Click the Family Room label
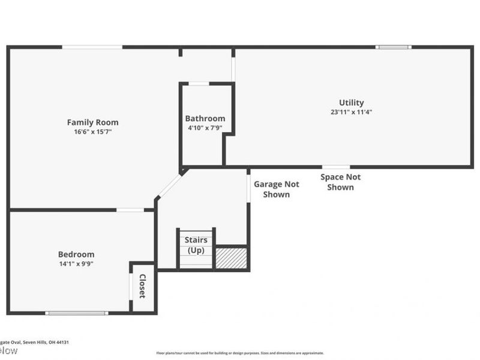(x=92, y=122)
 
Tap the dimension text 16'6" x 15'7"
(x=92, y=131)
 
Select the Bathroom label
(x=205, y=119)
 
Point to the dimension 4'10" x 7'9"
(x=205, y=127)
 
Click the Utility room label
(x=351, y=103)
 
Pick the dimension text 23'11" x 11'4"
(x=351, y=112)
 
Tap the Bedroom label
(x=76, y=254)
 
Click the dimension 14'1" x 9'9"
(x=76, y=263)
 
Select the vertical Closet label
(x=143, y=286)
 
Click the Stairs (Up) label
(x=196, y=245)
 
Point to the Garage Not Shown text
(x=276, y=190)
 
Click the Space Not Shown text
(x=340, y=182)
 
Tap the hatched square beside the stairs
(x=231, y=258)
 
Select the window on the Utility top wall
(x=394, y=47)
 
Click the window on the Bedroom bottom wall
(x=77, y=313)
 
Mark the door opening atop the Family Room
(x=92, y=47)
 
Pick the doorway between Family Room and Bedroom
(x=130, y=210)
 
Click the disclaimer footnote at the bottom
(x=240, y=353)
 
